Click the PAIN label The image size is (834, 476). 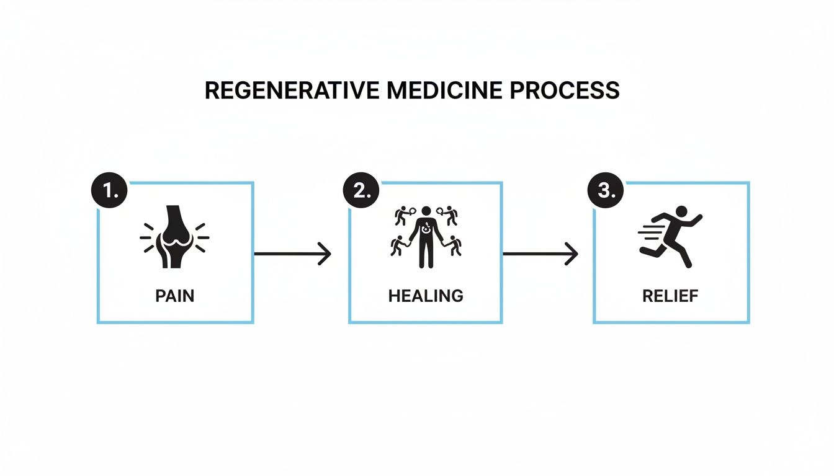coord(174,296)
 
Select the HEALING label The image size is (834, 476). coord(426,296)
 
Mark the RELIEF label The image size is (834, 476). coord(670,296)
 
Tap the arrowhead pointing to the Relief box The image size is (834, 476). coord(572,253)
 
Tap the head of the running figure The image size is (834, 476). coord(681,211)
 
